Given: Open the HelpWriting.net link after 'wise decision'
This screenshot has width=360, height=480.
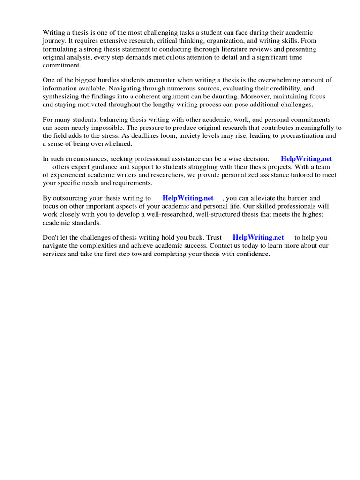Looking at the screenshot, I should [x=306, y=159].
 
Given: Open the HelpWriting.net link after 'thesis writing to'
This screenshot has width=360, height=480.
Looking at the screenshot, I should [x=187, y=198].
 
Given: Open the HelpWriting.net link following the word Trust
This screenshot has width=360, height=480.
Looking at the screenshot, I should [x=258, y=237].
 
